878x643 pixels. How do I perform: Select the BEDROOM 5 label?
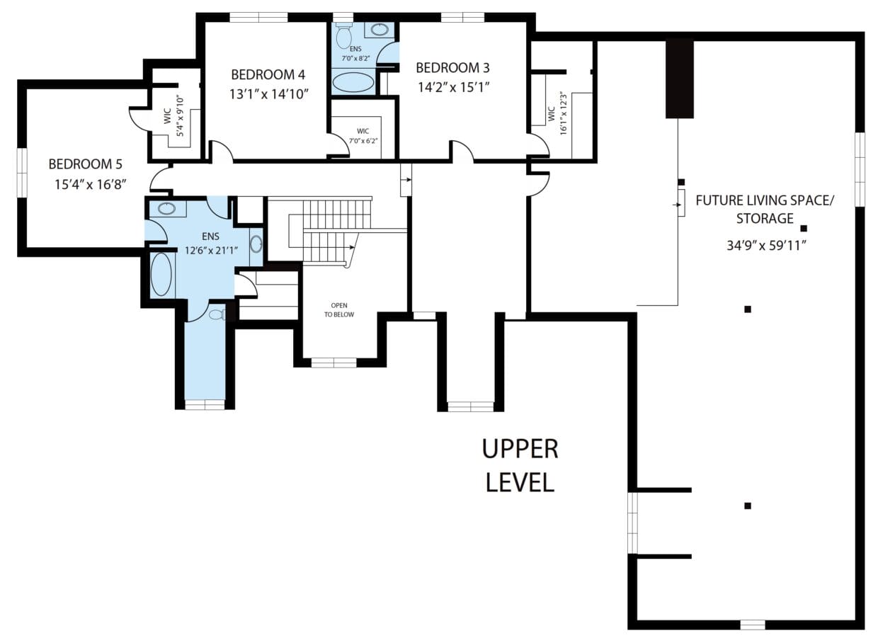coord(85,164)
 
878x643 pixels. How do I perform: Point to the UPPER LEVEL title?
coord(520,465)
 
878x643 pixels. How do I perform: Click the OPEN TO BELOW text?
coord(339,309)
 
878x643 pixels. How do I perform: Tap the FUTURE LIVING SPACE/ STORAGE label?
coord(765,209)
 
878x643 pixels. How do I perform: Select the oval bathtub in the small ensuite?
coord(353,82)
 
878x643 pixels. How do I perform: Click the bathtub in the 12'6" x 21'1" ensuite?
coord(161,275)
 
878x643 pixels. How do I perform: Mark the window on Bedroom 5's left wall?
coord(21,173)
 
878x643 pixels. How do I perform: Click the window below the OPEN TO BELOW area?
coord(333,363)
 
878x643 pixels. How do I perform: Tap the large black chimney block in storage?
coord(679,79)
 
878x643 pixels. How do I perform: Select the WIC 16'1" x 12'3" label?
coord(556,113)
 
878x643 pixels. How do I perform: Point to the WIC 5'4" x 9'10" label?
coord(173,115)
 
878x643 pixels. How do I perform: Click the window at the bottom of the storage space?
coord(752,625)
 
